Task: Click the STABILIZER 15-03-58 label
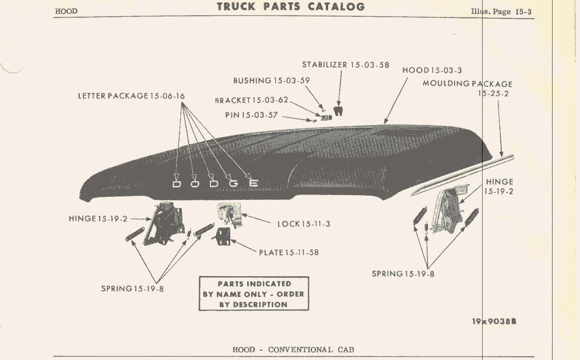point(346,65)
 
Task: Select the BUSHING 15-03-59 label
point(272,80)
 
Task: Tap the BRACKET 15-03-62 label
point(252,100)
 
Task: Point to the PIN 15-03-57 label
point(252,115)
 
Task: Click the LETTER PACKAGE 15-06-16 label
point(131,96)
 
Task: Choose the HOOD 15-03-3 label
point(432,70)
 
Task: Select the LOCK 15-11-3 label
point(304,224)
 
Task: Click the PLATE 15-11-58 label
point(289,252)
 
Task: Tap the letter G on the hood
point(234,183)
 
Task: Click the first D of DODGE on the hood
point(177,184)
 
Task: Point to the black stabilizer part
point(338,111)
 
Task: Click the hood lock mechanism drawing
point(229,214)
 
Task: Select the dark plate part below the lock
point(223,237)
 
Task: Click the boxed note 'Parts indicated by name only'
point(254,294)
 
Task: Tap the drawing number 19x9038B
point(494,321)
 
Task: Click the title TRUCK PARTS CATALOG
point(291,6)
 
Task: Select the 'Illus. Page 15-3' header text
point(501,12)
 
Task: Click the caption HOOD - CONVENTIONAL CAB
point(293,350)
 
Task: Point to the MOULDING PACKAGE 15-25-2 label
point(467,89)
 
